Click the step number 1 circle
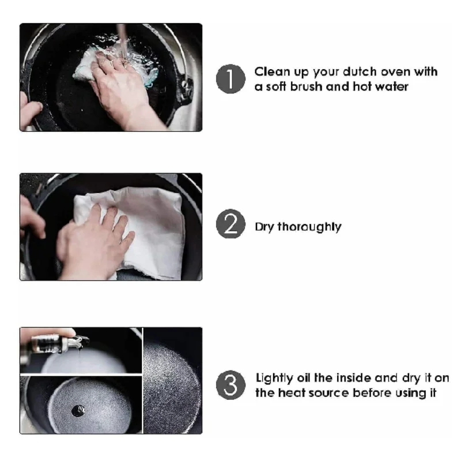click(231, 79)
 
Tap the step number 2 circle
click(231, 224)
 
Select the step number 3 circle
click(231, 385)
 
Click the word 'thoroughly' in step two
click(309, 227)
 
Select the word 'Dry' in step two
click(264, 227)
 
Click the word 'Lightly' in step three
click(274, 379)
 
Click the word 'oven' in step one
click(396, 72)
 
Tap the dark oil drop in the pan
click(78, 410)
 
